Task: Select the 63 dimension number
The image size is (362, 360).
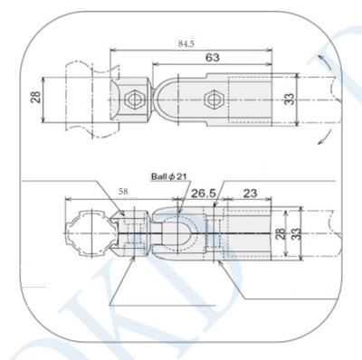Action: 214,57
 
